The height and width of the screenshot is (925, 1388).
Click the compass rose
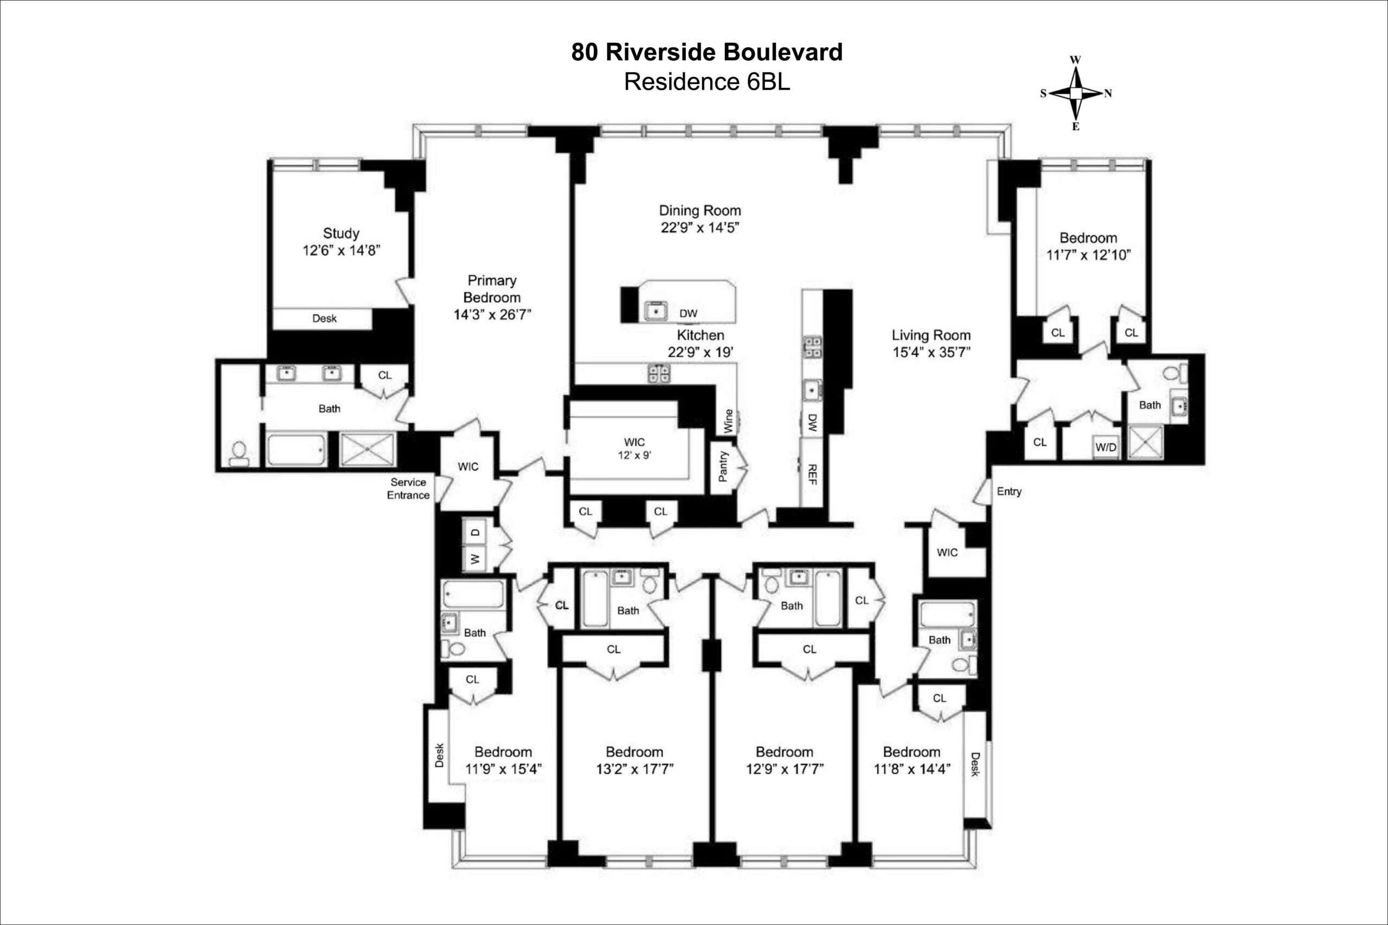point(1076,93)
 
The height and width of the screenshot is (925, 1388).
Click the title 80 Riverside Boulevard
point(706,52)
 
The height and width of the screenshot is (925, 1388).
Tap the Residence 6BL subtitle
point(706,82)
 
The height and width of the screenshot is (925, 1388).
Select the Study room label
point(341,233)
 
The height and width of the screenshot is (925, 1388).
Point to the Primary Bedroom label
point(492,288)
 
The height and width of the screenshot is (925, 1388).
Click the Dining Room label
point(700,211)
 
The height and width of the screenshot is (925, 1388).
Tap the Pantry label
point(723,466)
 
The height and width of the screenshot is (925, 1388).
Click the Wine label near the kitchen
point(728,421)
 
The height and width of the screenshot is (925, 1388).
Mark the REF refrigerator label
point(812,475)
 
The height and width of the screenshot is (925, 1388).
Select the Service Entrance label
point(408,488)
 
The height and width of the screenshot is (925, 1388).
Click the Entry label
point(1009,491)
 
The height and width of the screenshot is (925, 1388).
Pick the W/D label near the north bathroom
point(1106,447)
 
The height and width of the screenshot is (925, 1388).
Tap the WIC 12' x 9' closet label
point(634,448)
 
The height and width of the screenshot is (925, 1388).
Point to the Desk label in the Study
point(324,319)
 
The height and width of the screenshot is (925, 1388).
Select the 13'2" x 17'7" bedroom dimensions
point(634,769)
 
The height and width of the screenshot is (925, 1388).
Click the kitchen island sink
point(656,310)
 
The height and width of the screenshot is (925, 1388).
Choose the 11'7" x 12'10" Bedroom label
point(1088,247)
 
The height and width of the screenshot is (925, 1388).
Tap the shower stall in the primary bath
point(368,450)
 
